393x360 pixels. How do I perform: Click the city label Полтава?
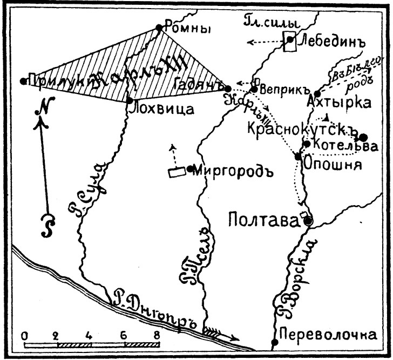(263, 220)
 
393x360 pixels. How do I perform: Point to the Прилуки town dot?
(23, 81)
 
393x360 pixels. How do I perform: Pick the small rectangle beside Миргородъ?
(176, 173)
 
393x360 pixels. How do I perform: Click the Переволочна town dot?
(275, 342)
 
